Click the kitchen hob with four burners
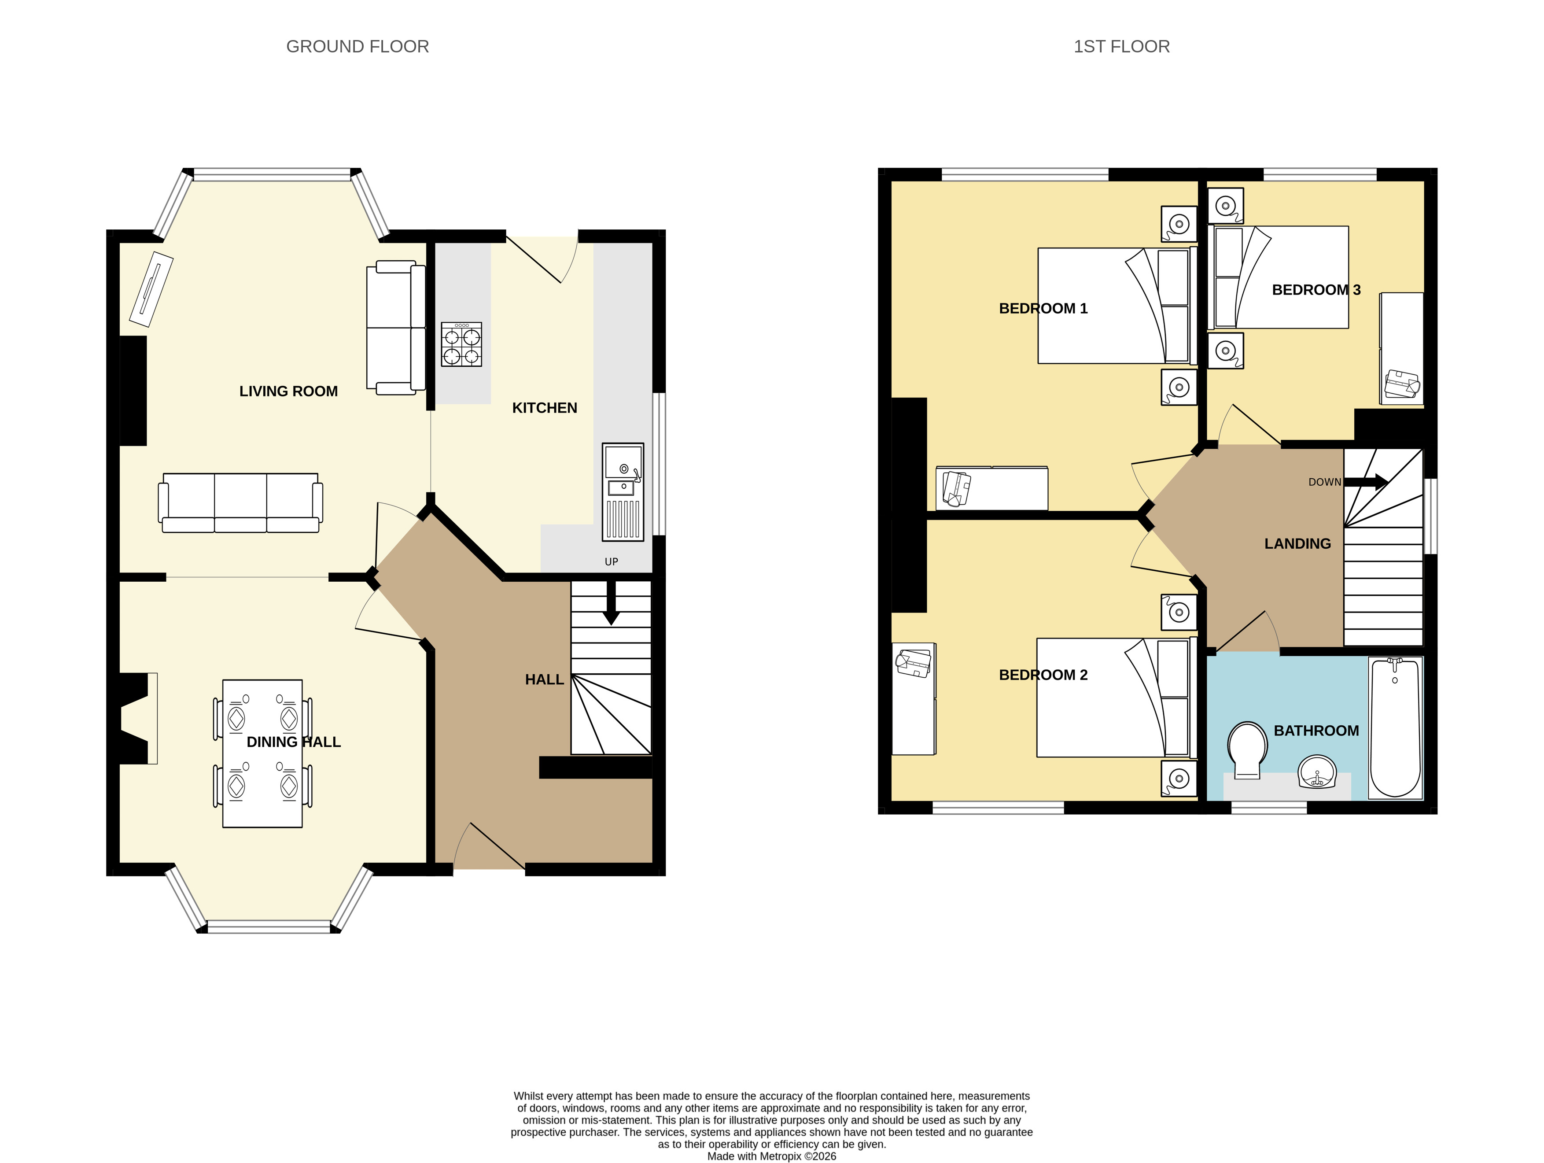pyautogui.click(x=461, y=344)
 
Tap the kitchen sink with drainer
pyautogui.click(x=623, y=492)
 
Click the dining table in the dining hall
pyautogui.click(x=262, y=753)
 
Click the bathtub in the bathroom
pyautogui.click(x=1395, y=727)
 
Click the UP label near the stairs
pyautogui.click(x=612, y=562)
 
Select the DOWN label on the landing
pyautogui.click(x=1325, y=482)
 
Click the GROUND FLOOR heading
pyautogui.click(x=357, y=47)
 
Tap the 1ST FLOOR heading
pyautogui.click(x=1122, y=47)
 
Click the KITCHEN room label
pyautogui.click(x=545, y=408)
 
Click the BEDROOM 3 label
pyautogui.click(x=1316, y=290)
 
